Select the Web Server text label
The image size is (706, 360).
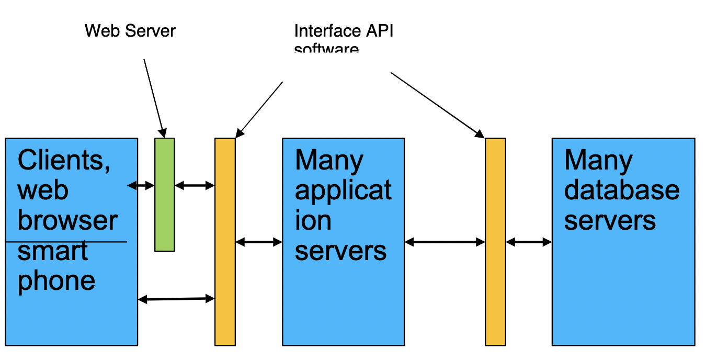(x=130, y=31)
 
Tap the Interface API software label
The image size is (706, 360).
(x=343, y=38)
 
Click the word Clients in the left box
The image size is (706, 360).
(x=64, y=160)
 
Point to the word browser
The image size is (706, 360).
(x=67, y=220)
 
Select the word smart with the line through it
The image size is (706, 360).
(x=53, y=251)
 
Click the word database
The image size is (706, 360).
(x=622, y=190)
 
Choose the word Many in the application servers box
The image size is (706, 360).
(x=329, y=160)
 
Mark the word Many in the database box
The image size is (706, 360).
(x=598, y=160)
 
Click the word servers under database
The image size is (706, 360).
(x=610, y=220)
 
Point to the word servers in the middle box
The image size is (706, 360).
(x=340, y=251)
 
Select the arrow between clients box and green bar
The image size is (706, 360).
(x=141, y=185)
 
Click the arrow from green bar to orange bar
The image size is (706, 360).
(x=195, y=185)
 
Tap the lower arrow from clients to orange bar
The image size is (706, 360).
(x=176, y=299)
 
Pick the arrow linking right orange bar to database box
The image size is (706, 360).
(x=529, y=242)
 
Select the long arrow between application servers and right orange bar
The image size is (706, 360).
(x=445, y=242)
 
